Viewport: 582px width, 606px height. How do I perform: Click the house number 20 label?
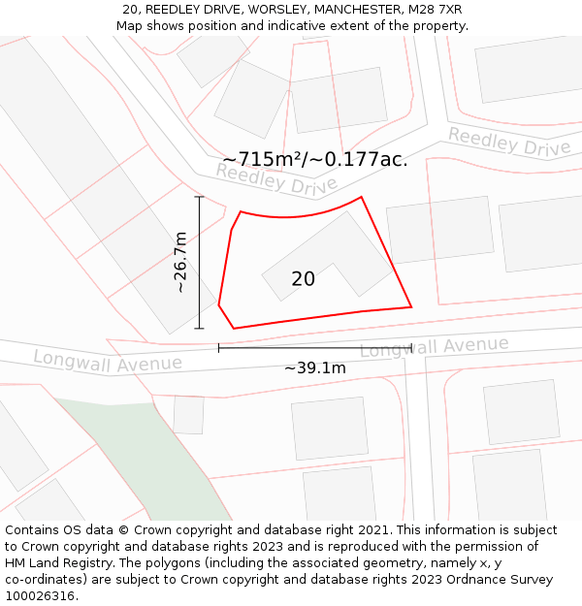click(x=303, y=279)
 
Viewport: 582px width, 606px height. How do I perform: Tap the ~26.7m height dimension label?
click(x=180, y=262)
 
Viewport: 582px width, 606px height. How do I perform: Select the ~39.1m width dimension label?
click(x=314, y=367)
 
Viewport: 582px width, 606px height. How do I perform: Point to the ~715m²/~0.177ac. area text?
click(x=314, y=159)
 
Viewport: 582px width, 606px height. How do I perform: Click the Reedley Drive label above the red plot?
click(x=275, y=177)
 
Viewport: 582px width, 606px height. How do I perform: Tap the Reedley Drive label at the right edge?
click(x=508, y=143)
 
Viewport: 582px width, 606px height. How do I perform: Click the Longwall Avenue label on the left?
click(x=108, y=361)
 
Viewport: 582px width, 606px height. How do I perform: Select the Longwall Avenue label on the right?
click(x=434, y=346)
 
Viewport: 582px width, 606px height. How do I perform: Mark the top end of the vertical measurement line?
click(x=199, y=197)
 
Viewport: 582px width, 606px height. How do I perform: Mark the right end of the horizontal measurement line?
click(x=412, y=347)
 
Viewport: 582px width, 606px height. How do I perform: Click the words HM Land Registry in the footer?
click(x=56, y=562)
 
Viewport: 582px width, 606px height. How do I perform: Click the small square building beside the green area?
click(x=188, y=414)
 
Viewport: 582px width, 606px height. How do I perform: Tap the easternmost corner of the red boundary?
click(x=411, y=306)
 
